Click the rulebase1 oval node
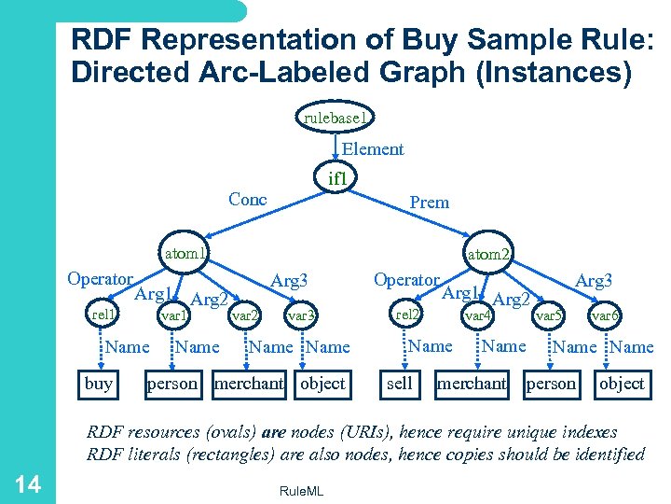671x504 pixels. click(x=336, y=118)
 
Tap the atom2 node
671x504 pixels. click(x=488, y=253)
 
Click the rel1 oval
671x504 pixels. click(x=103, y=315)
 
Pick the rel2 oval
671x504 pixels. click(x=408, y=315)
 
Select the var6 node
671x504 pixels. click(x=605, y=315)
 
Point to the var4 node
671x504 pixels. click(x=479, y=315)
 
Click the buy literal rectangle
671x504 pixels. click(x=99, y=384)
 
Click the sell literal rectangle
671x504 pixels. click(x=400, y=384)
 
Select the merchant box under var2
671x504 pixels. click(x=249, y=384)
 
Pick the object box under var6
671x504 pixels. click(x=622, y=384)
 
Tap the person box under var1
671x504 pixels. click(x=172, y=384)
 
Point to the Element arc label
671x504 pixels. click(x=373, y=149)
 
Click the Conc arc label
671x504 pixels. click(x=248, y=199)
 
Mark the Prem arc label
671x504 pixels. click(x=429, y=202)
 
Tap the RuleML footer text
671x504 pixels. click(x=301, y=491)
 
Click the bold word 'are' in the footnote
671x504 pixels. click(x=274, y=432)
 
